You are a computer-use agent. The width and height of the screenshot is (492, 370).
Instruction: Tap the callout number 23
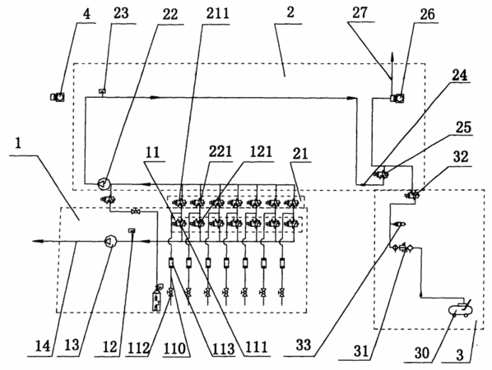tap(121, 13)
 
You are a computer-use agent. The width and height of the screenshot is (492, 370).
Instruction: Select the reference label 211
tap(217, 13)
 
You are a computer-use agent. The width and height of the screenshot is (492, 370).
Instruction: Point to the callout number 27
tap(360, 13)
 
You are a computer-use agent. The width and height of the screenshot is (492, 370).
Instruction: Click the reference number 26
tap(427, 14)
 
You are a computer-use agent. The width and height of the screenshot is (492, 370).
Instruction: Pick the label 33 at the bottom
tap(303, 345)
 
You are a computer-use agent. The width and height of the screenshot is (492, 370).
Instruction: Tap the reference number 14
tap(43, 346)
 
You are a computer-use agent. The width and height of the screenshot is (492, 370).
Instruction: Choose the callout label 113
tap(223, 349)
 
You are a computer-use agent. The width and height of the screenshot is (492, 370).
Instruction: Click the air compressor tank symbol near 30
tap(461, 308)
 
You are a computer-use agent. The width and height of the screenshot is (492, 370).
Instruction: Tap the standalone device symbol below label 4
tap(58, 97)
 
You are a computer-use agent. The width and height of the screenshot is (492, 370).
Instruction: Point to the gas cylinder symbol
tap(157, 297)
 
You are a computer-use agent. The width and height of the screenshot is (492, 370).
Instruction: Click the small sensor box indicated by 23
tap(103, 91)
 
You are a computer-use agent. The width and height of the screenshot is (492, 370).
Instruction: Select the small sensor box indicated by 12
tap(132, 230)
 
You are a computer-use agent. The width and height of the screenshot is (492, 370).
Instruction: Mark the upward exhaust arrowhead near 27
tap(392, 58)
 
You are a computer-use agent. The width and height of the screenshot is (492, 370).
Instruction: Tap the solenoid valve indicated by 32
tap(412, 195)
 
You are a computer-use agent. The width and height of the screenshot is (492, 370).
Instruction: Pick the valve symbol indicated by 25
tap(381, 173)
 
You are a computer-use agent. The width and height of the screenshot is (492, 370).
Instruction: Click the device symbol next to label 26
tap(397, 98)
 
